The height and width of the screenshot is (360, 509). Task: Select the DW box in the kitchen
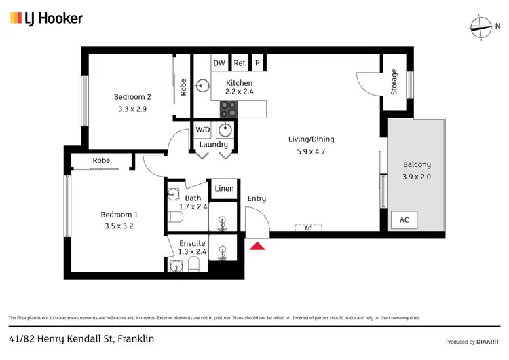pyautogui.click(x=219, y=63)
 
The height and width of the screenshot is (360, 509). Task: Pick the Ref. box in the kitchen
pyautogui.click(x=240, y=63)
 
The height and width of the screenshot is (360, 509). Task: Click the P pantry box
pyautogui.click(x=257, y=63)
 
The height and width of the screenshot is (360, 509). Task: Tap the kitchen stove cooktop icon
pyautogui.click(x=229, y=108)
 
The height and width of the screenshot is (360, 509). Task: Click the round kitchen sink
pyautogui.click(x=201, y=86)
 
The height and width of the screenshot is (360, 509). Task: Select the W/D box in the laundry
pyautogui.click(x=202, y=129)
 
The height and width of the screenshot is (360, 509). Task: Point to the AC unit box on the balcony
pyautogui.click(x=404, y=220)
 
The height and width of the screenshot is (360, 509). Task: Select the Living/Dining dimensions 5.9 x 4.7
pyautogui.click(x=312, y=151)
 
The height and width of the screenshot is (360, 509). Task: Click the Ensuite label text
pyautogui.click(x=192, y=243)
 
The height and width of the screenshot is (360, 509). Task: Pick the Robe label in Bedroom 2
pyautogui.click(x=183, y=88)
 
